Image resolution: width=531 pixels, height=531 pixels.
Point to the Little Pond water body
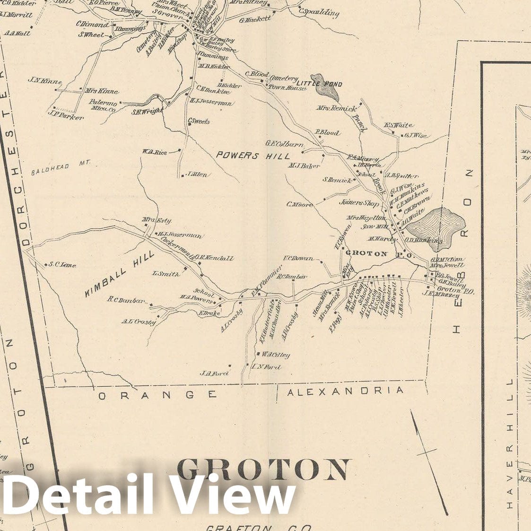pyautogui.click(x=325, y=86)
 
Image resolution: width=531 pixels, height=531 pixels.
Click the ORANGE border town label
pyautogui.click(x=157, y=394)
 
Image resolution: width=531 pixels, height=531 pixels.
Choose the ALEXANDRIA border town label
pyautogui.click(x=346, y=391)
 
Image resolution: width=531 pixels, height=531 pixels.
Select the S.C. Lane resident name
pyautogui.click(x=62, y=265)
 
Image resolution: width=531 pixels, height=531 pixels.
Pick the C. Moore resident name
pyautogui.click(x=299, y=205)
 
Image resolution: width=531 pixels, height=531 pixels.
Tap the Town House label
pyautogui.click(x=287, y=87)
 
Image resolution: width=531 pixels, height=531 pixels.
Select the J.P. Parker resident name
pyautogui.click(x=66, y=115)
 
